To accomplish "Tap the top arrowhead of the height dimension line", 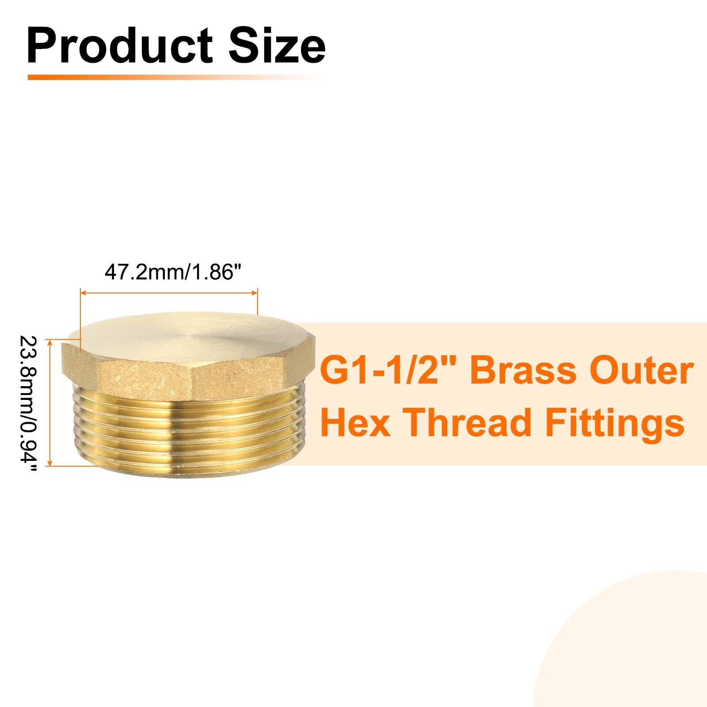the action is [50, 343].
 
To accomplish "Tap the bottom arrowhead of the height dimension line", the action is [50, 462].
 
